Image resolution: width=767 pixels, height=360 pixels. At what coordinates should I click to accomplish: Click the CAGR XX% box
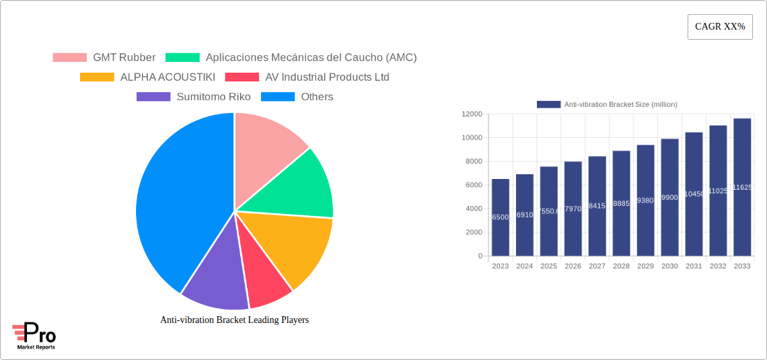(720, 27)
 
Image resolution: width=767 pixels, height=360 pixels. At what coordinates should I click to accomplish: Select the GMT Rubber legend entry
(104, 58)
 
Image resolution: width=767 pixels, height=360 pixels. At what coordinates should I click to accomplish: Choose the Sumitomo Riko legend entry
(193, 97)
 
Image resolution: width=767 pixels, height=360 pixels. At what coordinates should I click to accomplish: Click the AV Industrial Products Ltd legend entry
(307, 77)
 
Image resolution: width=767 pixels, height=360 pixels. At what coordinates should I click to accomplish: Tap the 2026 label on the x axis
(573, 266)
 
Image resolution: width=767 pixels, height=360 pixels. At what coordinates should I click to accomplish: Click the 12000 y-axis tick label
(472, 114)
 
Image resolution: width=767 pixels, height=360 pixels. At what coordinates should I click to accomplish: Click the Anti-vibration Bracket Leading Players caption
(234, 320)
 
